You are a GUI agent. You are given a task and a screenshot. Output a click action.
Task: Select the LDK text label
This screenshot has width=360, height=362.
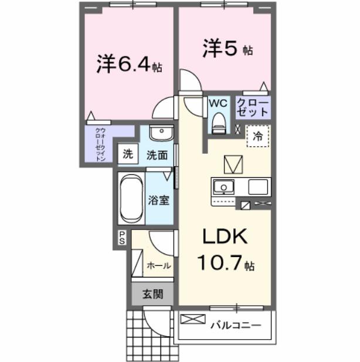(x=225, y=238)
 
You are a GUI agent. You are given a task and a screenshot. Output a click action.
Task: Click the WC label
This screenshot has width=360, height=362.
(x=218, y=103)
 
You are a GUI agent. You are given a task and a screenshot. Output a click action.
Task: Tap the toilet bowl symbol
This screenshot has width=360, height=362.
(x=219, y=121)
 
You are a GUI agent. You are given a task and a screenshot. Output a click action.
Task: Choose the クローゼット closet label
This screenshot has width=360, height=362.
(x=253, y=107)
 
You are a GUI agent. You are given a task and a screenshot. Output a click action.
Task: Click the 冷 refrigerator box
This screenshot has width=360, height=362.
(x=257, y=137)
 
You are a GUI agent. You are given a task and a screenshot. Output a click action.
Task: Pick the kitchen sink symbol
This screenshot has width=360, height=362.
(x=223, y=188)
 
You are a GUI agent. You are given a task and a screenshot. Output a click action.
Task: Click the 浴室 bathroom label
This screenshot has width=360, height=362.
(x=159, y=199)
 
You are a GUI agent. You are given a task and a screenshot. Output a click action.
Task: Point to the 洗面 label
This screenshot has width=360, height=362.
(x=157, y=155)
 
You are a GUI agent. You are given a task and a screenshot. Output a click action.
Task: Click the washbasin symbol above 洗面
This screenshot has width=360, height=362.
(x=159, y=133)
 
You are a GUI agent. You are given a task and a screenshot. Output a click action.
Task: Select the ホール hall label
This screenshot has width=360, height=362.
(x=158, y=265)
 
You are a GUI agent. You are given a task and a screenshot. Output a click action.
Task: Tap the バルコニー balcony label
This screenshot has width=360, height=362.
(x=234, y=322)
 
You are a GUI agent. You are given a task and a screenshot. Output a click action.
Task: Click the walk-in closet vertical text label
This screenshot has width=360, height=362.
(x=100, y=144)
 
